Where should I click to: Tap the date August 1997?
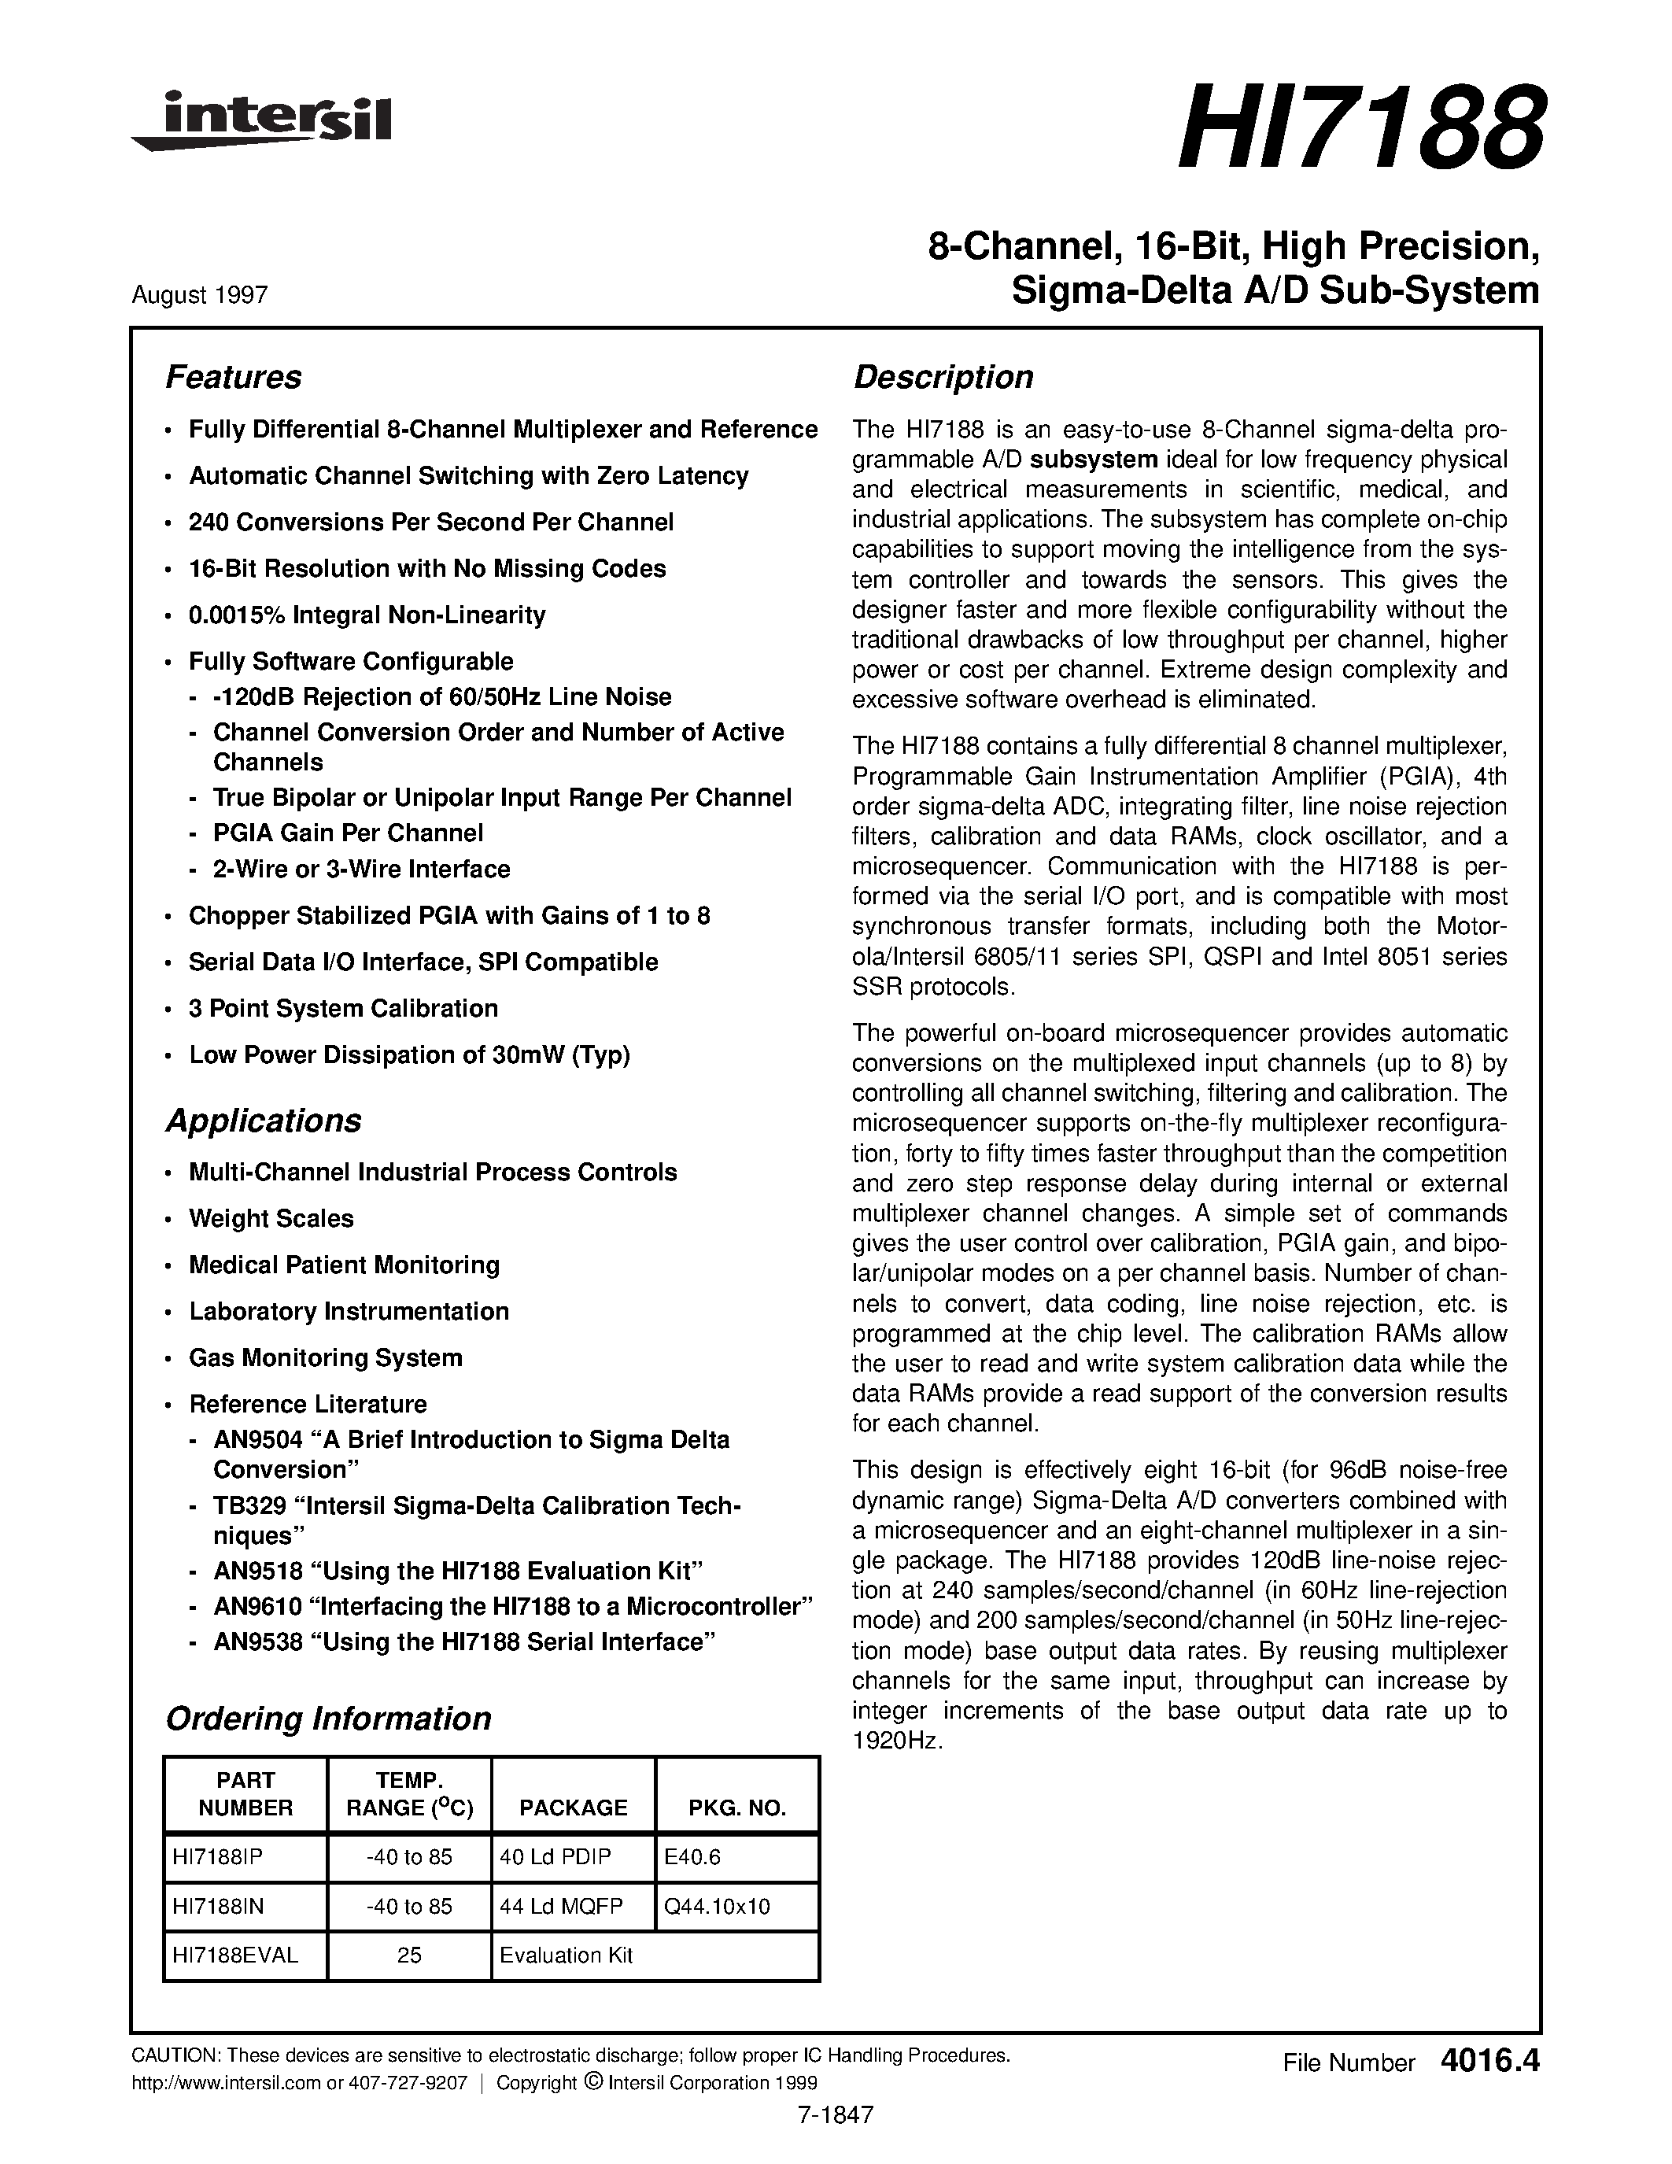[199, 295]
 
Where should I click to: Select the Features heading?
[233, 378]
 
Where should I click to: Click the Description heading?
[943, 378]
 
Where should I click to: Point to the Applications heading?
[263, 1121]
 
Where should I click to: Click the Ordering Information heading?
[328, 1718]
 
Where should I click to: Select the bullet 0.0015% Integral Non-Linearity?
[367, 615]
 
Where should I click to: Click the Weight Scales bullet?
[271, 1219]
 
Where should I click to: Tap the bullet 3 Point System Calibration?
[343, 1009]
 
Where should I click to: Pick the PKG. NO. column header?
[737, 1808]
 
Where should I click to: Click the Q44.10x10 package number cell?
[717, 1907]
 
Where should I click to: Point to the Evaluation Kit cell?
[566, 1955]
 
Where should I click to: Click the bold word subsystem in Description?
[1094, 460]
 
